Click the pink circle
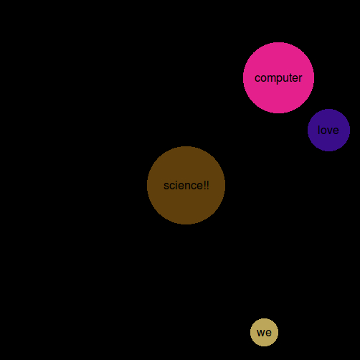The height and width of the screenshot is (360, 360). (278, 77)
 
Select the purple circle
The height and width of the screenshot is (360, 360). (328, 130)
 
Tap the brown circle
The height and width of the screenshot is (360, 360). (186, 185)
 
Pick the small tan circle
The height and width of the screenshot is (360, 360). (264, 332)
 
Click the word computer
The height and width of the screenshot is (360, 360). (278, 78)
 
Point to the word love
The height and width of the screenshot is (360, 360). (328, 130)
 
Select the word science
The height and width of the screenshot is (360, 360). (183, 186)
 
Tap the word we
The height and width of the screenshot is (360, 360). (264, 333)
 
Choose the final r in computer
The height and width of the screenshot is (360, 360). (300, 78)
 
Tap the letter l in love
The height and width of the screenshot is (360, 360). (319, 130)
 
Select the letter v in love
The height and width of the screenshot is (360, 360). (328, 131)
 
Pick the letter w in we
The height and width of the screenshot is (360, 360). (261, 333)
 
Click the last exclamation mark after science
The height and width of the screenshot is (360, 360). (207, 186)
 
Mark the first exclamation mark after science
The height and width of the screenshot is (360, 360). (204, 186)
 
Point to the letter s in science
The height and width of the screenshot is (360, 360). (166, 187)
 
